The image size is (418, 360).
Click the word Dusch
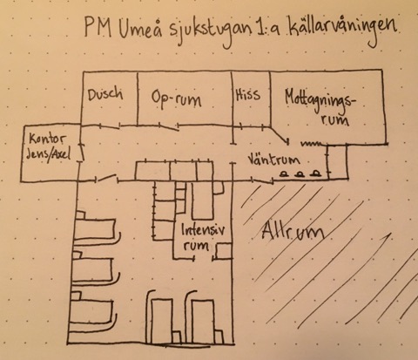[x=105, y=94]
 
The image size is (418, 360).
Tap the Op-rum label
[x=176, y=99]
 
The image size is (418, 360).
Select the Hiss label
[x=247, y=95]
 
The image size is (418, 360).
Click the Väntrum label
[x=273, y=160]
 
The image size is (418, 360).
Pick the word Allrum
[x=293, y=233]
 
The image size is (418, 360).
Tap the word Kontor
[x=47, y=139]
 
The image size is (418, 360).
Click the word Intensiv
[x=203, y=231]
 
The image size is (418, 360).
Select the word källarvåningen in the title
[x=341, y=31]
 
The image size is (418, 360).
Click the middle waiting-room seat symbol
[x=300, y=174]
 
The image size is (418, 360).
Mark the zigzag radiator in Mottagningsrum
[x=312, y=143]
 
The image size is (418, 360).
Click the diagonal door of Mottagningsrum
[x=280, y=135]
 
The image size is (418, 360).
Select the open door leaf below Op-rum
[x=169, y=127]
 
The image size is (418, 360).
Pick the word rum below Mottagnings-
[x=335, y=119]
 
